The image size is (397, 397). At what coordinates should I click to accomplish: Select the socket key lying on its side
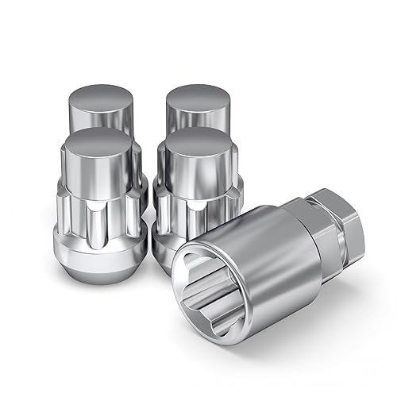click(x=262, y=254)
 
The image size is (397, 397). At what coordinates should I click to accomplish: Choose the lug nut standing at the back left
click(x=87, y=111)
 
